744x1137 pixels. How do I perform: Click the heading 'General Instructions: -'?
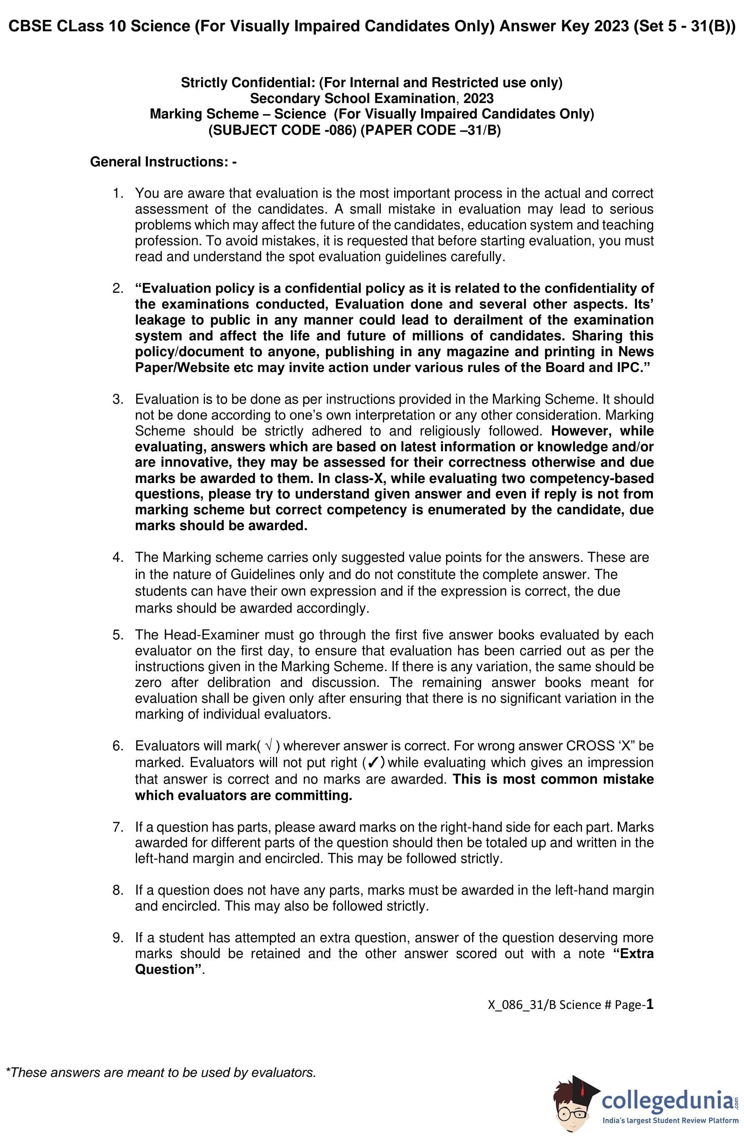163,162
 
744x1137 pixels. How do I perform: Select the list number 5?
117,635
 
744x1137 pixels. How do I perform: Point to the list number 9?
117,938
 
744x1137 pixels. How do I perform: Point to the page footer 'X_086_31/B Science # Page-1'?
570,1005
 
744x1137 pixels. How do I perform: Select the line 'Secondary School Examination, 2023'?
371,98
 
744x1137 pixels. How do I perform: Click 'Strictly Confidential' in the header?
247,83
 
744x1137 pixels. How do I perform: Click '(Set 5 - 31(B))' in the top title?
684,26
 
